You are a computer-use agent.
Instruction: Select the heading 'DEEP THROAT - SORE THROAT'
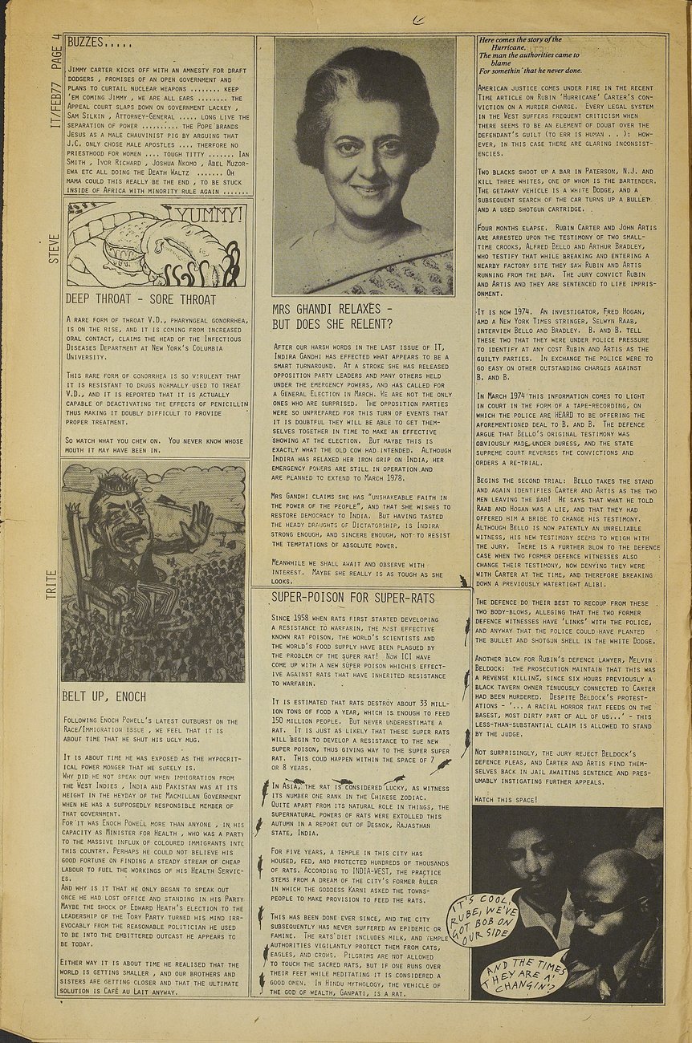click(140, 300)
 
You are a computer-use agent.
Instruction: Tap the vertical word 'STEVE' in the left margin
click(54, 250)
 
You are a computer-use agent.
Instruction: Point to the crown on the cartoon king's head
click(113, 481)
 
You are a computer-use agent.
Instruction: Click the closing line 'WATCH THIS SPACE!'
click(506, 800)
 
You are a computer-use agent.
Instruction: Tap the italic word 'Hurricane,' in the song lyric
click(513, 47)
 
